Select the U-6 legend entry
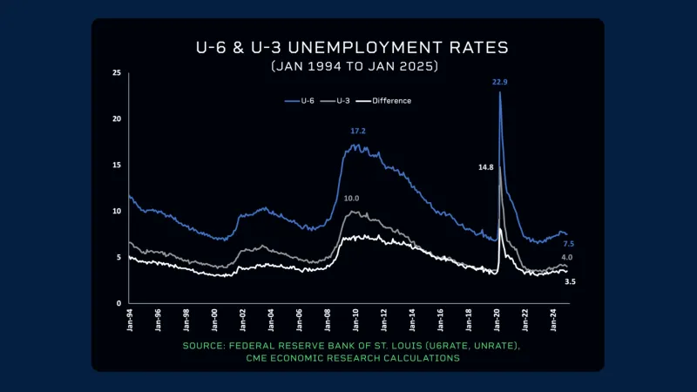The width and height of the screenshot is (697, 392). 299,100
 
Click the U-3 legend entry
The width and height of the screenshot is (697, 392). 340,100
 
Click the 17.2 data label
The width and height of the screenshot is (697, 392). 358,132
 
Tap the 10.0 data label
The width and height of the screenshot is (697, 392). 351,199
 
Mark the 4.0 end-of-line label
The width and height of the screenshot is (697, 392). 567,258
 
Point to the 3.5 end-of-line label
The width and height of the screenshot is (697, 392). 570,282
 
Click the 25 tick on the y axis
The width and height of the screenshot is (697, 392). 117,73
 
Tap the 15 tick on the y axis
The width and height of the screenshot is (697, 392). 117,165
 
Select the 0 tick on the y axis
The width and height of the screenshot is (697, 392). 119,303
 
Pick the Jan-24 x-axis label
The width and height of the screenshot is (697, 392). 553,321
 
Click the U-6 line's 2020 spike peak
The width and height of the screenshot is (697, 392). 500,93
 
